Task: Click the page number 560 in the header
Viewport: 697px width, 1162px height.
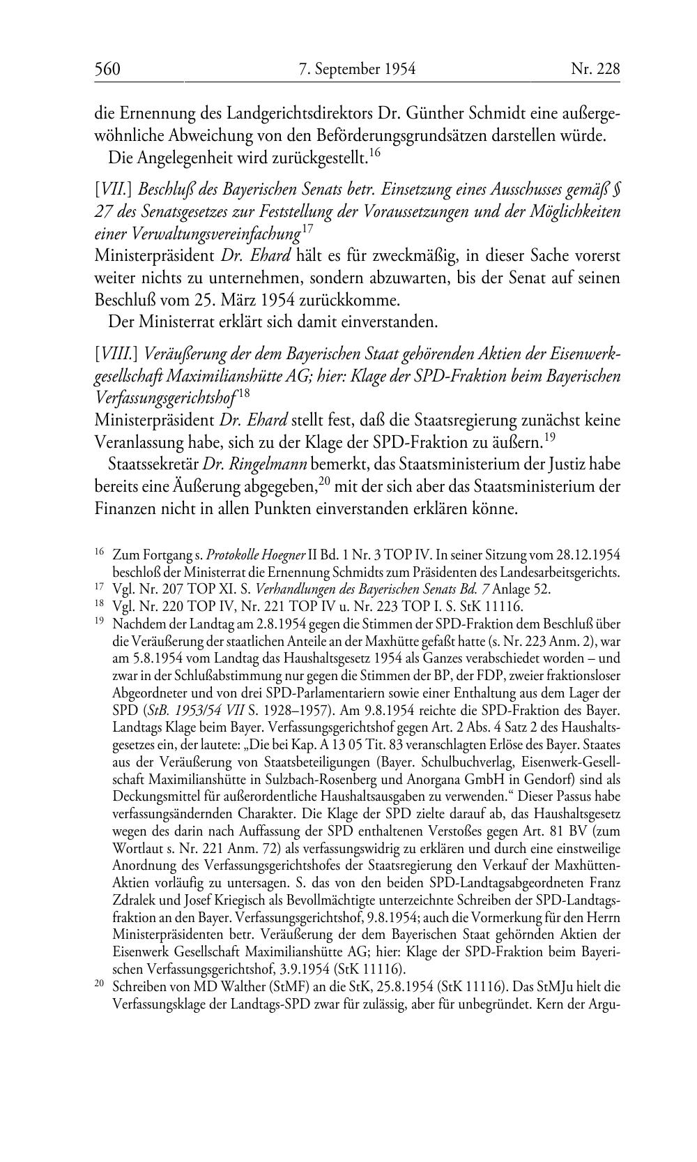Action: pos(108,69)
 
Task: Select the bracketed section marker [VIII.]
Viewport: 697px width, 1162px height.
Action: pos(116,354)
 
